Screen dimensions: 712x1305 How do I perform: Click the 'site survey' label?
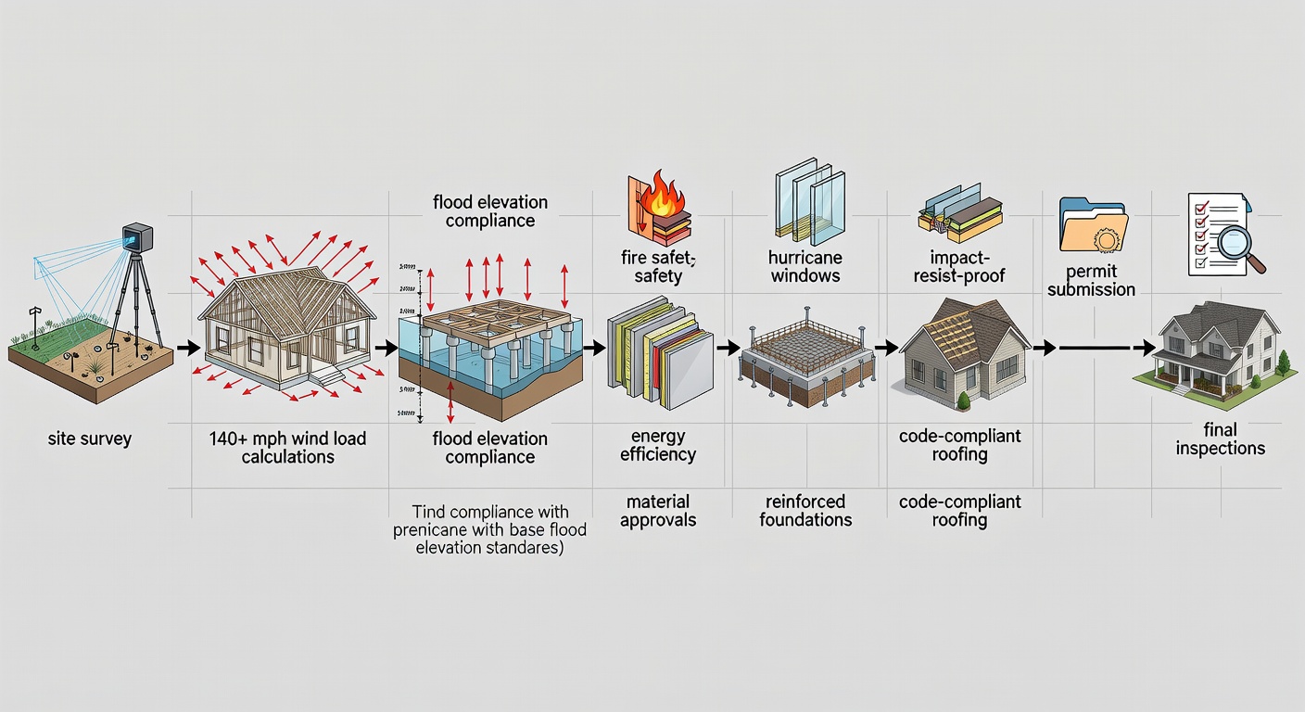(89, 439)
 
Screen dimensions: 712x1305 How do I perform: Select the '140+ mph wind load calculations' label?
(288, 447)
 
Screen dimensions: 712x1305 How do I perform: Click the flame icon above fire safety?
(664, 197)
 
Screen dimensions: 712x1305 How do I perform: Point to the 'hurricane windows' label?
(804, 266)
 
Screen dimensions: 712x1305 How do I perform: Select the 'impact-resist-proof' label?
(960, 266)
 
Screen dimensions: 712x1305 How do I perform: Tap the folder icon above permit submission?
(1094, 225)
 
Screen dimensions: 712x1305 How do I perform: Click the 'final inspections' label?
(1220, 439)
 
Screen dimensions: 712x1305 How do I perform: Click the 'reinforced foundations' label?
(805, 511)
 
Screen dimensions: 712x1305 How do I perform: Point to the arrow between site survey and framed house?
(187, 349)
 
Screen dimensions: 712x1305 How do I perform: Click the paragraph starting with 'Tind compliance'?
(491, 529)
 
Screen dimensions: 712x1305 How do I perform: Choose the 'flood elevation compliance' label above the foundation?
(489, 211)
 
